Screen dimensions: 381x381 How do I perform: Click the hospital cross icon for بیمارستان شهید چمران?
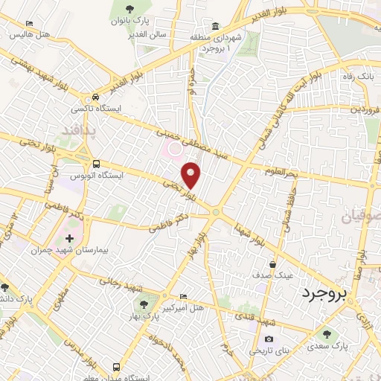69,239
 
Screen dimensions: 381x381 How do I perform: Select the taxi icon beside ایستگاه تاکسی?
95,97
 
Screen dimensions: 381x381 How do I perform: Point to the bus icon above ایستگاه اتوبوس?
96,164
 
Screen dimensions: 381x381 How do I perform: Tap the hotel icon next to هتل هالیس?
29,25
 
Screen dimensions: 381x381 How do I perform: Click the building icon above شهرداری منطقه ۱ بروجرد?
216,26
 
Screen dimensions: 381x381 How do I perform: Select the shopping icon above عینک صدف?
274,263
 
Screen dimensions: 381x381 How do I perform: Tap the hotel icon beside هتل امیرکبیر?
184,296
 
